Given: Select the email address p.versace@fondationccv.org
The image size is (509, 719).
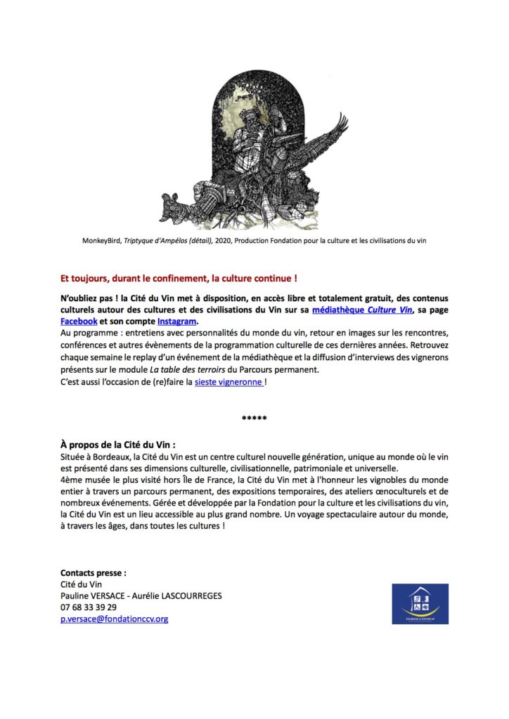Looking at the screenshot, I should pos(115,619).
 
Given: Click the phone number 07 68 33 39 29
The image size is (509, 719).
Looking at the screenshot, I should pos(89,607).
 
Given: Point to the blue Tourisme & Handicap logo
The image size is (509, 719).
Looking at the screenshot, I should pos(420,602).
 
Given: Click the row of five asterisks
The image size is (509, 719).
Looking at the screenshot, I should pos(254,419).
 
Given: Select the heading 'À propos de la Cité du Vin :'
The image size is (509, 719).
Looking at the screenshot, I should pos(118,445).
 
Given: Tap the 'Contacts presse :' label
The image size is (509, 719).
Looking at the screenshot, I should pos(94,573).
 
